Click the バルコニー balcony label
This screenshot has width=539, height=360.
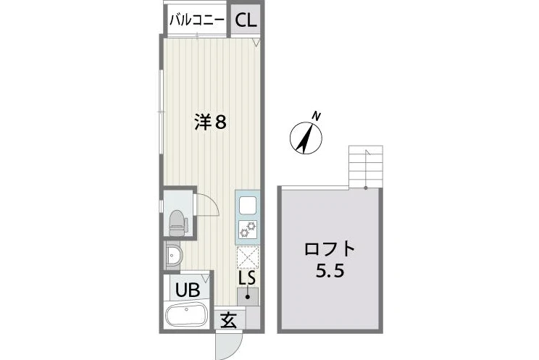196,20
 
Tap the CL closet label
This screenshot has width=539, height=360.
246,20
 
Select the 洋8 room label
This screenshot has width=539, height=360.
210,122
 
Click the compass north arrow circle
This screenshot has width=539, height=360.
306,138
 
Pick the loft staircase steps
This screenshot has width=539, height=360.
366,167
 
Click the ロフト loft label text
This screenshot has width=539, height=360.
330,248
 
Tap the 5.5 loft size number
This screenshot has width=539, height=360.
330,272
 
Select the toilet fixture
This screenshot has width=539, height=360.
177,223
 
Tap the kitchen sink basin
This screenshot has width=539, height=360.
248,205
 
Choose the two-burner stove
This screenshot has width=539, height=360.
248,230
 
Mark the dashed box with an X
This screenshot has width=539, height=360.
248,258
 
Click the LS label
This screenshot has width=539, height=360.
247,278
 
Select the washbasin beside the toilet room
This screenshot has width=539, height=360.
174,255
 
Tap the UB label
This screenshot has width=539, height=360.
188,290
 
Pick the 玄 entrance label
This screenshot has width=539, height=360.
229,321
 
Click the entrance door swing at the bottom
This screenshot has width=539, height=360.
229,346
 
